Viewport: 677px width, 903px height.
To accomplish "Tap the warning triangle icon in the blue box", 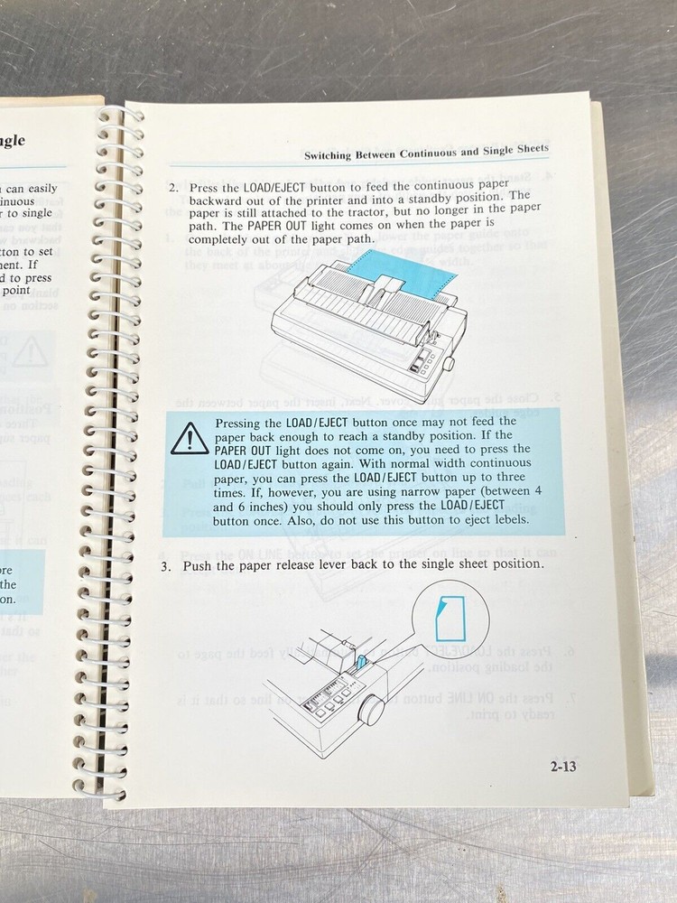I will [x=190, y=441].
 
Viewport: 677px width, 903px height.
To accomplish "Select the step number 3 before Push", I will [x=166, y=566].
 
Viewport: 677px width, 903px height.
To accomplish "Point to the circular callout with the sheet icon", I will [x=450, y=617].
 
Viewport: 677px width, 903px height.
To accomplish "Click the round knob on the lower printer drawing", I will [x=371, y=709].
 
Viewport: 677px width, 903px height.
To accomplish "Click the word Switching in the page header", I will [x=334, y=155].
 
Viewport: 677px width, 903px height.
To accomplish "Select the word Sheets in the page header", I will [x=529, y=150].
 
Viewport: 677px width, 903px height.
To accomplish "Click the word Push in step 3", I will [x=199, y=566].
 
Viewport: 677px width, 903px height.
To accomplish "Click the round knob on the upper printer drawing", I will [x=449, y=363].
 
